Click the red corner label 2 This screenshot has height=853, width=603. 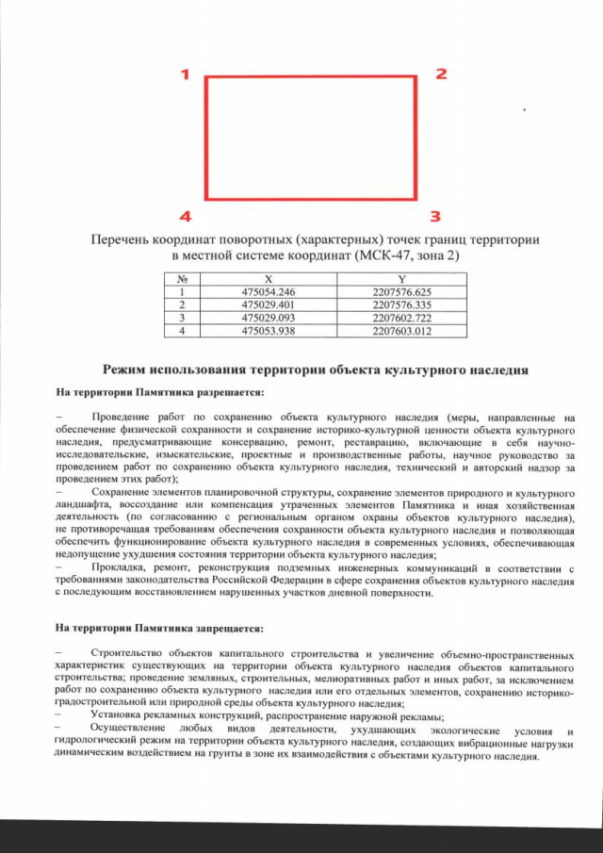tap(440, 74)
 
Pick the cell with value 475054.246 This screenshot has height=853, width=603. tap(269, 292)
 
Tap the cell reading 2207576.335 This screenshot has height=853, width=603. tap(401, 305)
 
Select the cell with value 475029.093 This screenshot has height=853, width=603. tap(269, 319)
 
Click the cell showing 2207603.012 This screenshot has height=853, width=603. tap(401, 332)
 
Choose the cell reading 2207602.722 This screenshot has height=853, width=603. tap(401, 319)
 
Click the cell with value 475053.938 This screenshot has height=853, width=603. tap(269, 332)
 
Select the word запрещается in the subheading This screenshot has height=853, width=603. tap(234, 627)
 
